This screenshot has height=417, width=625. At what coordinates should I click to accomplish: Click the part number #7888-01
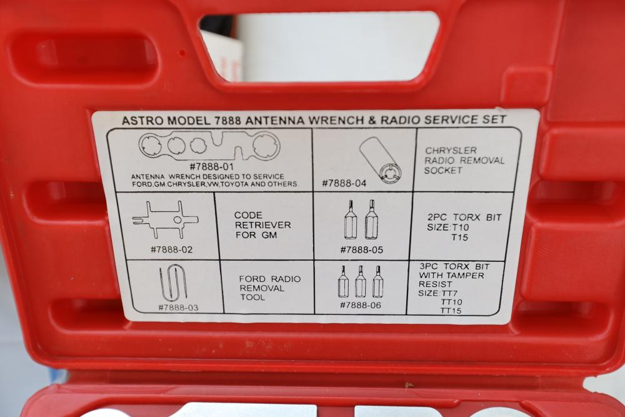click(211, 166)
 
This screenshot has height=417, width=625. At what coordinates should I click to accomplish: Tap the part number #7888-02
click(171, 249)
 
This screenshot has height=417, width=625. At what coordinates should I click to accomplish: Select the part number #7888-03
click(178, 308)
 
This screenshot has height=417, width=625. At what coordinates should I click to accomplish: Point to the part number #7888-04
click(344, 183)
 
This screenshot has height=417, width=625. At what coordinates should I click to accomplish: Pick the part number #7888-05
click(361, 250)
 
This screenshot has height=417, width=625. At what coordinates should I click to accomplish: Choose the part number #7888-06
click(361, 305)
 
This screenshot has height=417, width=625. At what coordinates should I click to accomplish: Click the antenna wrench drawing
click(209, 146)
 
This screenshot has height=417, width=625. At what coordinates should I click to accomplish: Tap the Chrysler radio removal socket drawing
click(381, 160)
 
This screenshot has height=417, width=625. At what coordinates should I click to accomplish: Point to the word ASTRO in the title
click(142, 121)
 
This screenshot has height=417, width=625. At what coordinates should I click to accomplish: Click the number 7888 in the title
click(227, 121)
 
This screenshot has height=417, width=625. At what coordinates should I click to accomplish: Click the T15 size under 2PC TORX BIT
click(459, 238)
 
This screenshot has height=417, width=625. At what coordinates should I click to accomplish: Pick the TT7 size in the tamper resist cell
click(449, 293)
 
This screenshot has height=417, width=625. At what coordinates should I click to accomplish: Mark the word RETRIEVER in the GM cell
click(262, 225)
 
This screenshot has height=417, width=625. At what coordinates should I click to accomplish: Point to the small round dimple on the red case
click(182, 53)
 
